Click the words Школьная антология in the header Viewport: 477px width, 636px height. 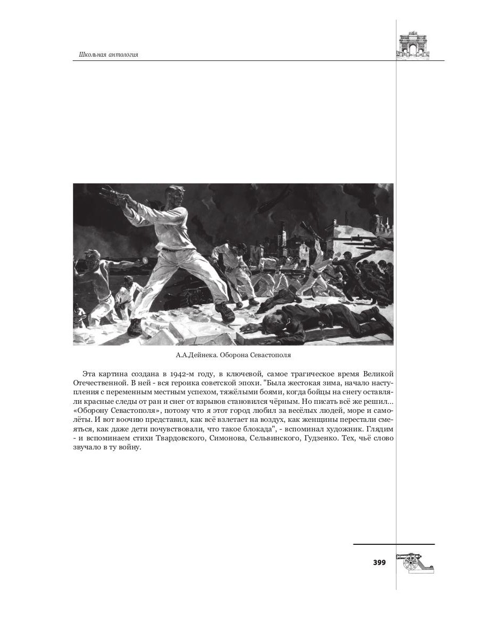pyautogui.click(x=108, y=55)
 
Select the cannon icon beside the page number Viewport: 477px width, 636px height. pyautogui.click(x=416, y=562)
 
